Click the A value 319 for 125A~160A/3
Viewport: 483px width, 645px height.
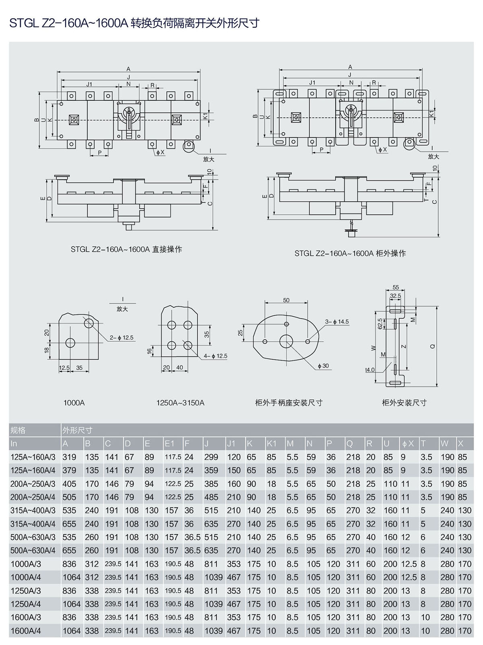point(69,457)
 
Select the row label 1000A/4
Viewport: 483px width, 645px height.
point(26,577)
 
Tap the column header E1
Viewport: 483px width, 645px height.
point(169,444)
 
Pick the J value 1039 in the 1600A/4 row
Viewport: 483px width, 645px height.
point(213,631)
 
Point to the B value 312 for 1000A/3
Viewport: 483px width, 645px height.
point(92,564)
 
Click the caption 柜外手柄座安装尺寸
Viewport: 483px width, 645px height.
point(289,402)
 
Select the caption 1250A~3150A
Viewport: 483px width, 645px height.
point(180,402)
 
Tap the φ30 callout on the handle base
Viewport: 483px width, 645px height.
point(323,366)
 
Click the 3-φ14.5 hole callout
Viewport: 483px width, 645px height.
point(337,321)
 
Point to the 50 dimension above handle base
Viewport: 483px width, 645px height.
point(286,300)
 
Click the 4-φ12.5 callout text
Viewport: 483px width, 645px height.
point(215,356)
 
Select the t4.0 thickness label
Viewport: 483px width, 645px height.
point(369,369)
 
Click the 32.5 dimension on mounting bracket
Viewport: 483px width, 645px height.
point(395,296)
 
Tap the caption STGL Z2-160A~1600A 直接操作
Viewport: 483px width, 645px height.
point(126,249)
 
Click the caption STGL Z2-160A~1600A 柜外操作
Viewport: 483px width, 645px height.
point(350,253)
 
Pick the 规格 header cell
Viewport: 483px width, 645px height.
point(18,430)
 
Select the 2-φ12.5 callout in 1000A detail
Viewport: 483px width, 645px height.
point(122,338)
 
